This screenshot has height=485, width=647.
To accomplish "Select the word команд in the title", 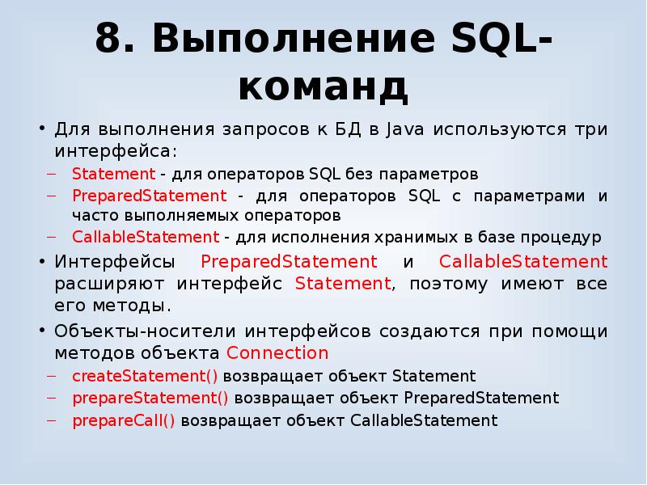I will tap(323, 86).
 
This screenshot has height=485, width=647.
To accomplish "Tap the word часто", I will tap(93, 216).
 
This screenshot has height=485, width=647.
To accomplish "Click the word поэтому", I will tap(449, 285).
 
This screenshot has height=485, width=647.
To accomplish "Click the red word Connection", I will tap(278, 354).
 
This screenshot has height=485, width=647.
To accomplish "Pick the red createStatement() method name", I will tap(146, 377).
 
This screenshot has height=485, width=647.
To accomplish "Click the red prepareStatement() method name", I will tap(150, 399).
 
